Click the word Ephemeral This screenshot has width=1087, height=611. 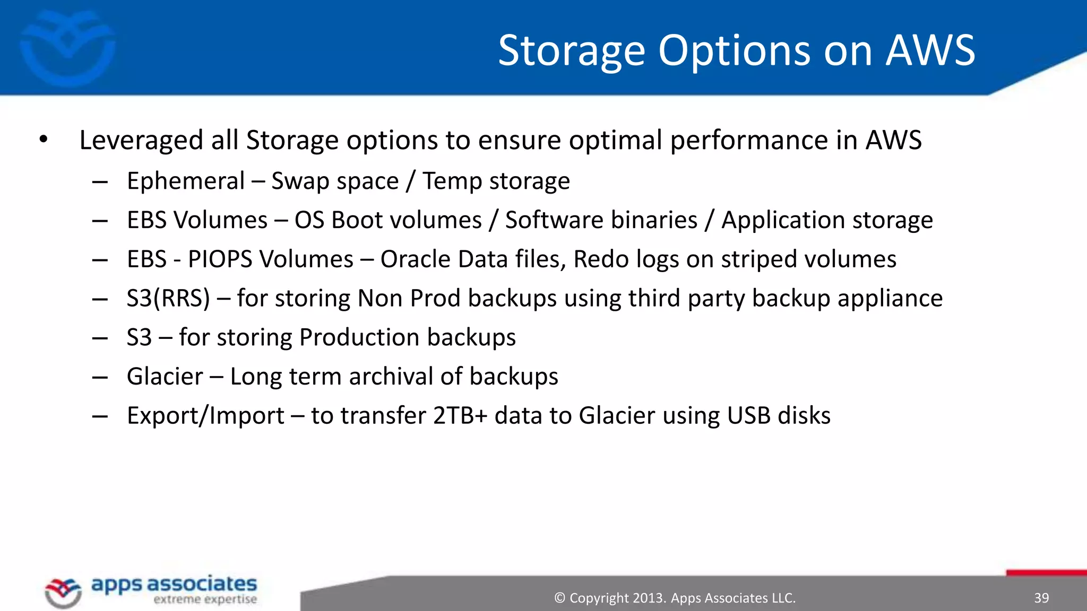point(186,181)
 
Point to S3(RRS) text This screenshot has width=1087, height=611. point(168,299)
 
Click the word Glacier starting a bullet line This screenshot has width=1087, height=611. point(165,377)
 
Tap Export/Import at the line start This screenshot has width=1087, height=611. point(205,416)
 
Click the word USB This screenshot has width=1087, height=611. point(748,416)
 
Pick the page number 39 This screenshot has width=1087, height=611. point(1041,598)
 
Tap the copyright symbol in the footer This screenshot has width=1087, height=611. point(559,598)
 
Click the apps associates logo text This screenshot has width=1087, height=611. point(174,584)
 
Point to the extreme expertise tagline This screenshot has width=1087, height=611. point(205,600)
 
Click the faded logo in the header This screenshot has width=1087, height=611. point(67,48)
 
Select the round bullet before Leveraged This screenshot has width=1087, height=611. point(44,140)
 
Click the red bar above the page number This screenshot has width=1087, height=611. point(1046,573)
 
